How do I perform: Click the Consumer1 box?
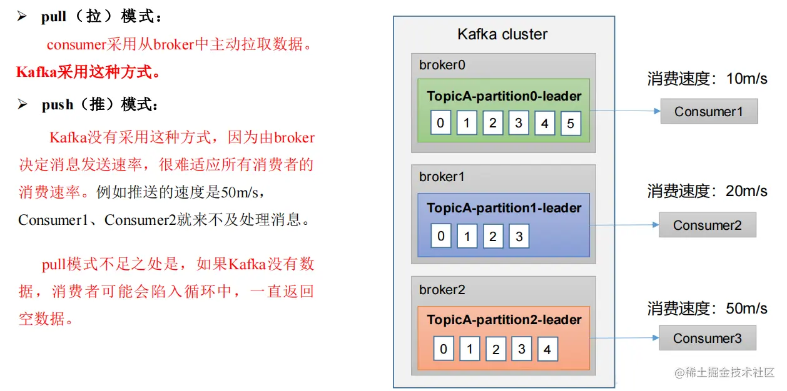pos(709,112)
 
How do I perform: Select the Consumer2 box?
pos(708,225)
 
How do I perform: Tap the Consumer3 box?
pos(708,339)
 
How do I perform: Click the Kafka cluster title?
pos(502,34)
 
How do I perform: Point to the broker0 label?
pos(442,65)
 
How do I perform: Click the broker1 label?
pos(442,177)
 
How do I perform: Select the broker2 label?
pos(442,290)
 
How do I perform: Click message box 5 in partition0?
pos(571,124)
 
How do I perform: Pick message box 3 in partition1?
pos(519,236)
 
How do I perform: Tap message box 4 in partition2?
pos(547,349)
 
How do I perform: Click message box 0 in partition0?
pos(440,122)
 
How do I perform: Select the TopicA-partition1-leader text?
pos(504,208)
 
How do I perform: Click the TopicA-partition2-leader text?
pos(504,320)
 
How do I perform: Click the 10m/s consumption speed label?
pos(746,79)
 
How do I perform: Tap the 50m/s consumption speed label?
pos(746,308)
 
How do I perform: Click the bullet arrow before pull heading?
pos(23,17)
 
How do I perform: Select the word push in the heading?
pos(58,105)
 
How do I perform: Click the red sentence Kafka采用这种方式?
pos(88,72)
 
